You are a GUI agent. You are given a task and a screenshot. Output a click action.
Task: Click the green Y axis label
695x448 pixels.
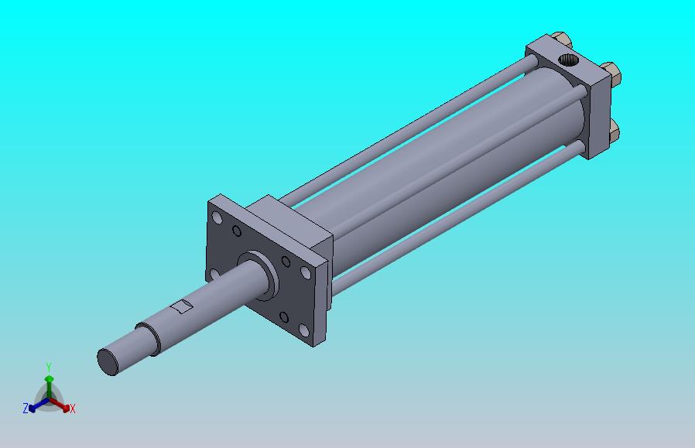coord(48,367)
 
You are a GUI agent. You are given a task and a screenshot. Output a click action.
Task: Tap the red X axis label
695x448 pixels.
coord(72,409)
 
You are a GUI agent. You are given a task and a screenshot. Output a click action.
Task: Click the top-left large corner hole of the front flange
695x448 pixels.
coord(217,218)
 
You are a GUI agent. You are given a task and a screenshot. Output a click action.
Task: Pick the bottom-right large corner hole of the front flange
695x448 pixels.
coord(306,273)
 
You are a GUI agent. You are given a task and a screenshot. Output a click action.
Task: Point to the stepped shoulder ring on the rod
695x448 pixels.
coord(149,338)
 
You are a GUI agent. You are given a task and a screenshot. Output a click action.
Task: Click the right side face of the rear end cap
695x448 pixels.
coord(601,116)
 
